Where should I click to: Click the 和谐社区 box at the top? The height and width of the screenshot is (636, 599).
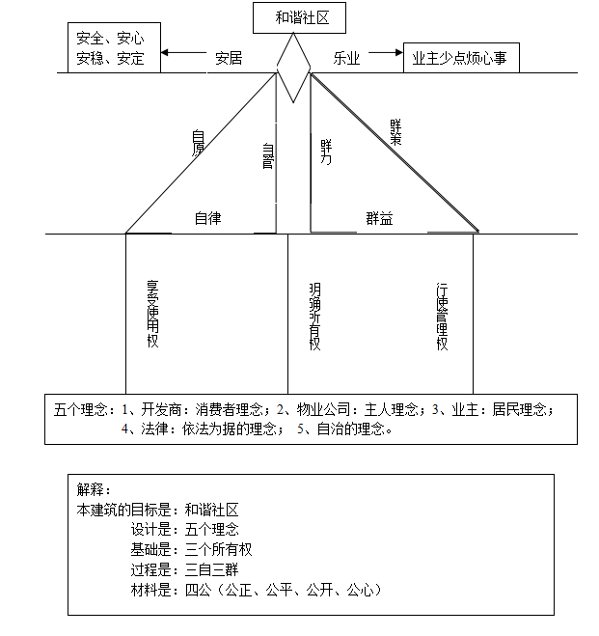pos(295,17)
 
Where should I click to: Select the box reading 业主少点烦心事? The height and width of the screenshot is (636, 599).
pos(459,58)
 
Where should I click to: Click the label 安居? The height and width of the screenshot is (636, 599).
pos(229,58)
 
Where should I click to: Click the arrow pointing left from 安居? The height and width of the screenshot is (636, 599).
pos(183,53)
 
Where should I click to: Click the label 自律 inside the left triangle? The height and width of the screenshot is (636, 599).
pos(208,218)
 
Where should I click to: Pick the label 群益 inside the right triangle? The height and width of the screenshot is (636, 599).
pos(379,219)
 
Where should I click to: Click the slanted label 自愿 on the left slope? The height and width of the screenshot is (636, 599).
pos(198,142)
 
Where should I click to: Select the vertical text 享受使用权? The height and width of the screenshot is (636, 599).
pos(151,315)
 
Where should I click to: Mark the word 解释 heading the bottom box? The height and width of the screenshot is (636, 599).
pos(95,490)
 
